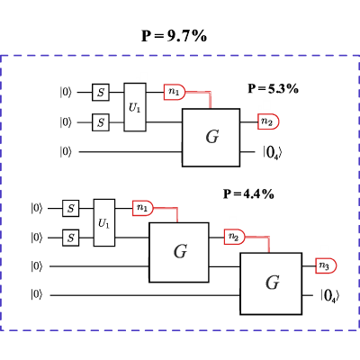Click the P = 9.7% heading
[x=174, y=36]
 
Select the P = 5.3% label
[x=273, y=89]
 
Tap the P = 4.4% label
[x=248, y=194]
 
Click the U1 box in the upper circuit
[x=135, y=107]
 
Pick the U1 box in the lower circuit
[x=104, y=222]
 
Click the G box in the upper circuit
[x=211, y=138]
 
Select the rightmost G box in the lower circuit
[x=271, y=283]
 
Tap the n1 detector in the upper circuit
[x=175, y=92]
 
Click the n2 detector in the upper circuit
[x=268, y=121]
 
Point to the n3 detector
[x=326, y=265]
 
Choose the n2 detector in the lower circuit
[x=235, y=237]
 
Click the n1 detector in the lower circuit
[x=143, y=208]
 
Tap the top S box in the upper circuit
[x=101, y=92]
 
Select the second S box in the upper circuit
[x=101, y=122]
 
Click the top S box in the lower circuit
[x=71, y=208]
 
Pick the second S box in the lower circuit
[x=71, y=238]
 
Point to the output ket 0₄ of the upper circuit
[x=273, y=153]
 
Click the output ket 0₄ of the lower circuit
[x=330, y=296]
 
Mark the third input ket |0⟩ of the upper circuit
[x=66, y=152]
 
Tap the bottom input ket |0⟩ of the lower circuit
[x=37, y=295]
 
